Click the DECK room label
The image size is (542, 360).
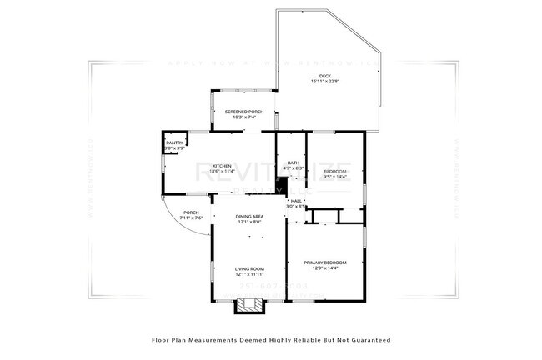[x=325, y=76]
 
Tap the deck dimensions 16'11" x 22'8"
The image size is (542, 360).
[x=325, y=82]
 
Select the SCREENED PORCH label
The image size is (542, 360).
[x=244, y=111]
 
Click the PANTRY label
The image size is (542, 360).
[x=174, y=142]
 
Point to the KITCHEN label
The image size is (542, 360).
[x=221, y=165]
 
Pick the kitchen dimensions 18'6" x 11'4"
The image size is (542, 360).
[x=222, y=171]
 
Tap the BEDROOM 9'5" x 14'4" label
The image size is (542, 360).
[x=335, y=171]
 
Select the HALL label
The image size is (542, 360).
[x=296, y=201]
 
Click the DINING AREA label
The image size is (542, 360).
[x=249, y=217]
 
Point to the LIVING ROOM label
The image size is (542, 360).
[x=249, y=268]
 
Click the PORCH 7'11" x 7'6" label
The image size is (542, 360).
[x=191, y=212]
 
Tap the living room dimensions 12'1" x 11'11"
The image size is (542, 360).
[x=249, y=274]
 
